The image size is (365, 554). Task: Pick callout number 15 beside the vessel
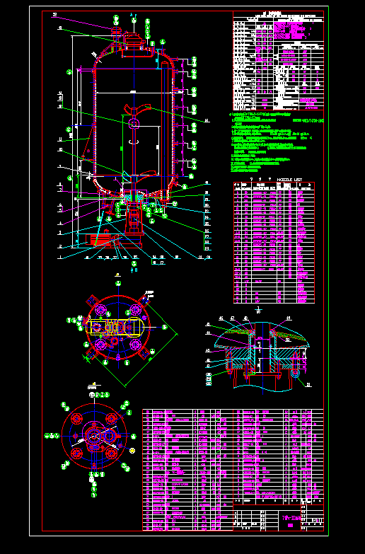(207, 121)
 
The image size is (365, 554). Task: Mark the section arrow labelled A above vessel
(132, 15)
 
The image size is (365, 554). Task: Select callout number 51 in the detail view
(308, 384)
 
